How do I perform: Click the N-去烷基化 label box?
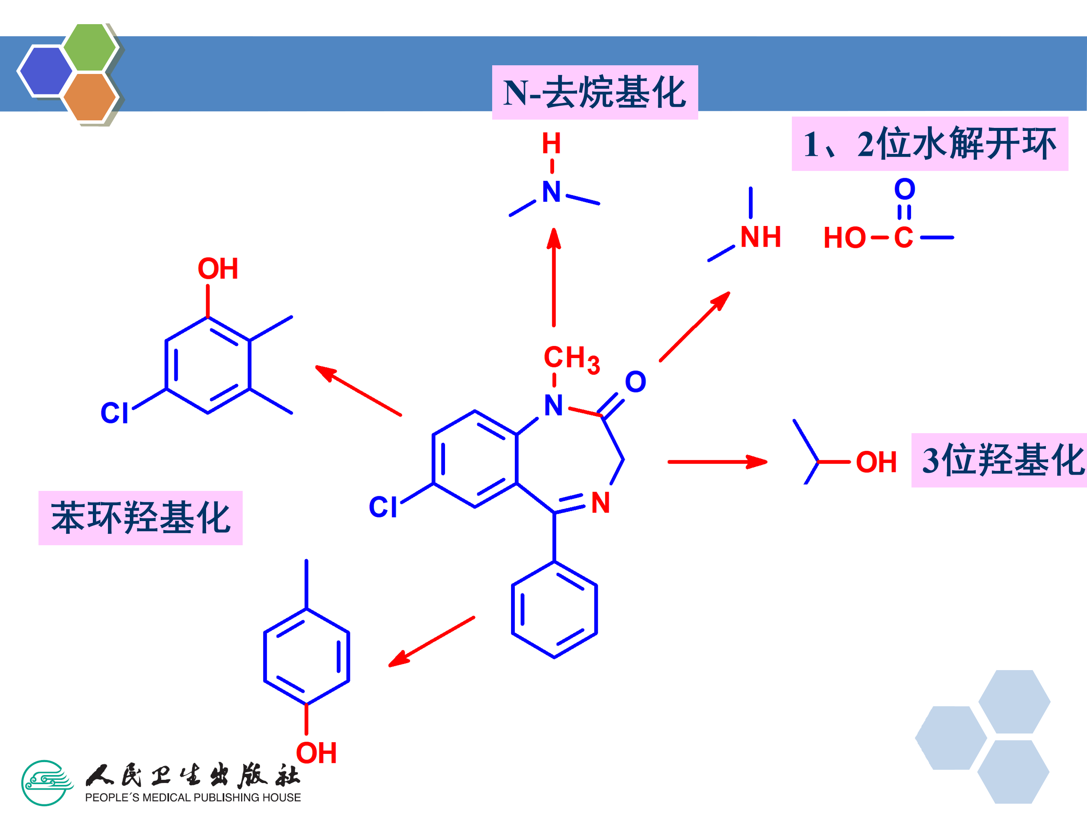pos(594,92)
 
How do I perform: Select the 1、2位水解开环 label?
pos(929,144)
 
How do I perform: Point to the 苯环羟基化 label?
pos(140,518)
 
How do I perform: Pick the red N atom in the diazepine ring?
pos(600,503)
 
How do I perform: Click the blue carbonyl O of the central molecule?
pos(635,382)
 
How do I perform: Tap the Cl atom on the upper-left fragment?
pos(114,413)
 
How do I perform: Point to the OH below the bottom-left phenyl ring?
pos(316,753)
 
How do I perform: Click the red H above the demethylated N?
pos(551,143)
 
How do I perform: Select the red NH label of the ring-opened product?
pos(760,237)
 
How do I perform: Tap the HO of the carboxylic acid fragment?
pos(844,238)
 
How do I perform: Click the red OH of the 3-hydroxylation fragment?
pos(876,462)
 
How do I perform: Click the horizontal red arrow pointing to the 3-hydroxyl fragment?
pos(717,462)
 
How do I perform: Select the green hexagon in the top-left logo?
pos(89,48)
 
